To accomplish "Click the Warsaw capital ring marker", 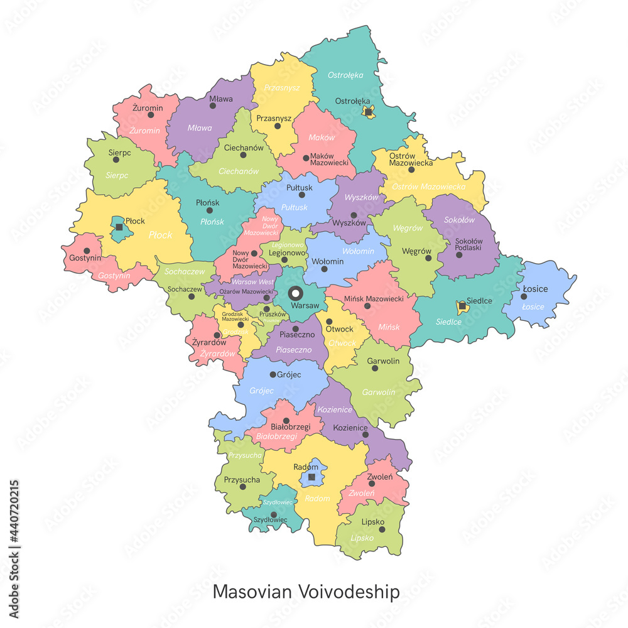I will tap(295, 293).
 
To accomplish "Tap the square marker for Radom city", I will tap(311, 477).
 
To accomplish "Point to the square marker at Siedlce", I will tap(462, 305).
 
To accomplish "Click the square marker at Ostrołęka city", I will tap(369, 112).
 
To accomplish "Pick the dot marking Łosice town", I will tap(524, 296).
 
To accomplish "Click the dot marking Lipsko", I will tap(382, 529).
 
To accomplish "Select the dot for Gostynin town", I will tap(87, 251).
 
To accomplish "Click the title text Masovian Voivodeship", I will tap(306, 592).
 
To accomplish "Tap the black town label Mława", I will tap(221, 99).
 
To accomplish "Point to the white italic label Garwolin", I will tap(379, 392).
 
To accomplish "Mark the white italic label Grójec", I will tap(262, 391).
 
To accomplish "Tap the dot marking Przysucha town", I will tap(242, 486).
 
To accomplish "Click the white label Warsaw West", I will tap(252, 282).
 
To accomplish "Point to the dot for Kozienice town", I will tap(365, 434).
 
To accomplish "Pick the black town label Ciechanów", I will tap(244, 148).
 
